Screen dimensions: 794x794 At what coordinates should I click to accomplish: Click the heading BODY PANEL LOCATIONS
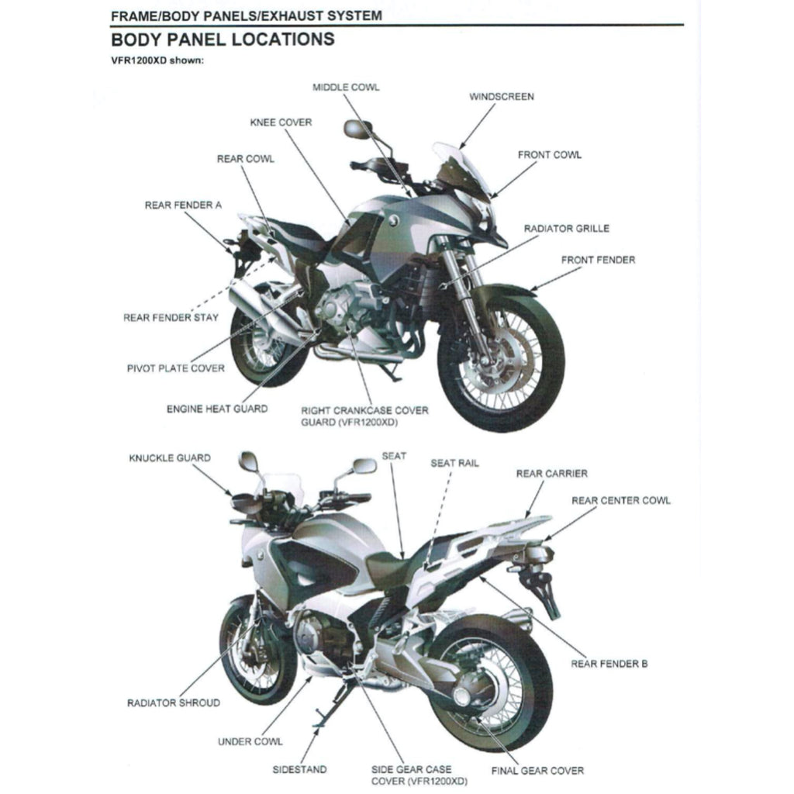pos(223,40)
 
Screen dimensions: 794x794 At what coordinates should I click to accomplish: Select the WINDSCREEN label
pos(501,97)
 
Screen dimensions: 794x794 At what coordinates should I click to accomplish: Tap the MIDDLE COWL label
pos(346,88)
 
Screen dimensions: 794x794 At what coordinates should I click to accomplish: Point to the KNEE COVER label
pos(281,123)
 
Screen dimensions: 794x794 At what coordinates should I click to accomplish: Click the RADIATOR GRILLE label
pos(566,229)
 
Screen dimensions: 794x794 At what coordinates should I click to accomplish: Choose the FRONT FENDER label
pos(597,260)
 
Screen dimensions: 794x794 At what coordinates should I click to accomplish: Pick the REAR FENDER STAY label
pos(171,318)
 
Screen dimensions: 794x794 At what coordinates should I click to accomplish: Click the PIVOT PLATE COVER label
pos(175,368)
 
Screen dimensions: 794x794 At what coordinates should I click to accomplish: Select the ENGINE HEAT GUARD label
pos(217,409)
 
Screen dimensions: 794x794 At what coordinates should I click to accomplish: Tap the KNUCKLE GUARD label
pos(169,458)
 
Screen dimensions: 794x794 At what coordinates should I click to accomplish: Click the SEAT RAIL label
pos(454,463)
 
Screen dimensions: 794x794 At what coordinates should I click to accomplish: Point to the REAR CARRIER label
pos(551,474)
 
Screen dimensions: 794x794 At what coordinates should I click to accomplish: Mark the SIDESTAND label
pos(299,770)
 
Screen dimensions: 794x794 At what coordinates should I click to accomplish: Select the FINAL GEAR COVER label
pos(537,771)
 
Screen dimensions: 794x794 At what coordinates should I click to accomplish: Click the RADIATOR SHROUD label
pos(173,703)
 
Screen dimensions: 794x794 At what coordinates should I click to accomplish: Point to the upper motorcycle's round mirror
pos(357,129)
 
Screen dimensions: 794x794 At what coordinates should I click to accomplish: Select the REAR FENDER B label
pos(609,664)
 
